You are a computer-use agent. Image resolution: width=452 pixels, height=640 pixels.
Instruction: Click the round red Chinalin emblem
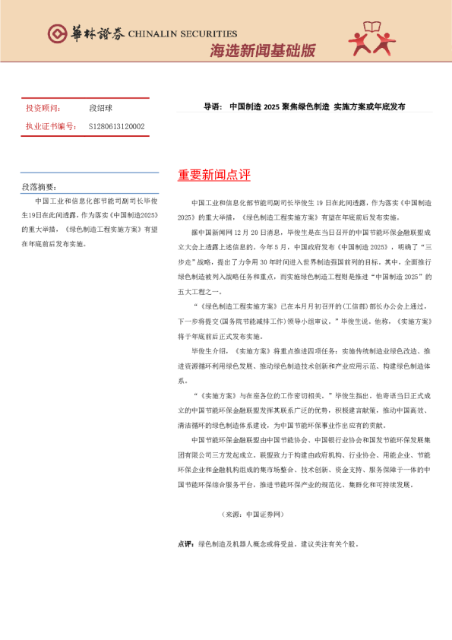pyautogui.click(x=57, y=34)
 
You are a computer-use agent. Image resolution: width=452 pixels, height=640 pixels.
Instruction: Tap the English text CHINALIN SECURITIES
pyautogui.click(x=182, y=34)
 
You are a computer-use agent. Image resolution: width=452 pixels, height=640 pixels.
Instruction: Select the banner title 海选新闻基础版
pyautogui.click(x=261, y=52)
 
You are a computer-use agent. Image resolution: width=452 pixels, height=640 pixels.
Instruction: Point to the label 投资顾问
pyautogui.click(x=41, y=109)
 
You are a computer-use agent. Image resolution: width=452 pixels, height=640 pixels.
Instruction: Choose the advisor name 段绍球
pyautogui.click(x=101, y=109)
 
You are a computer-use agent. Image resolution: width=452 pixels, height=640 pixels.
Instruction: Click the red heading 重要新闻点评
pyautogui.click(x=213, y=176)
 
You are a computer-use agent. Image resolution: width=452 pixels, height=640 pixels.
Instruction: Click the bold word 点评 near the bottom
pyautogui.click(x=185, y=543)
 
